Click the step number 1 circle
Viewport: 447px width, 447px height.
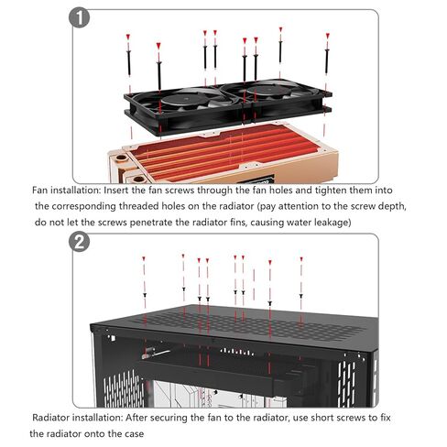[x=79, y=18]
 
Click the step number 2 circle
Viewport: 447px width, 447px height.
[x=79, y=242]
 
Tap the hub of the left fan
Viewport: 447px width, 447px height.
[x=180, y=98]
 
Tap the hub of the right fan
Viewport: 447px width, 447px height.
[x=265, y=91]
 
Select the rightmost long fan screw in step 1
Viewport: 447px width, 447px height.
[x=327, y=61]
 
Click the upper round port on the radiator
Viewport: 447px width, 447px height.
[x=122, y=158]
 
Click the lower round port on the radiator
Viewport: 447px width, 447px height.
[x=138, y=179]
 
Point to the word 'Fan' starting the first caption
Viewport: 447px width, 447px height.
[x=40, y=190]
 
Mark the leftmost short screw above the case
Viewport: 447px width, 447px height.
[x=145, y=295]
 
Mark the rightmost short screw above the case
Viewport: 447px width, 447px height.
[x=300, y=296]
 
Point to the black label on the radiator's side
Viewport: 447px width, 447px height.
[x=256, y=180]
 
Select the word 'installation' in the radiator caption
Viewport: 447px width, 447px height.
[x=97, y=417]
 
